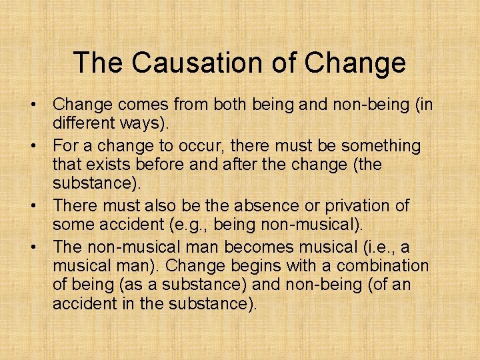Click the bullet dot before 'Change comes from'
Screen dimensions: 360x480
point(31,105)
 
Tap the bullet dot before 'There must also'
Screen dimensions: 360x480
point(31,207)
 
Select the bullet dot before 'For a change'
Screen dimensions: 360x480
point(31,146)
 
